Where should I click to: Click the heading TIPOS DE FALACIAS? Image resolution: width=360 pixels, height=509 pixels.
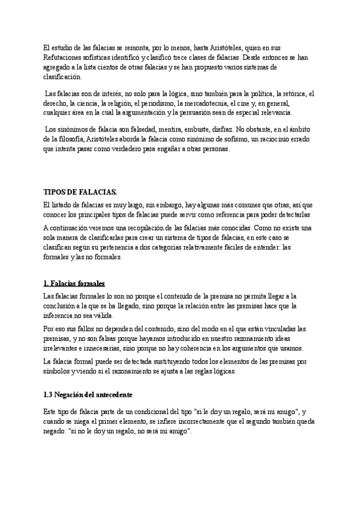(x=80, y=191)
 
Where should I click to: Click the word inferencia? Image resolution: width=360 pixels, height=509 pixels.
(x=62, y=316)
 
